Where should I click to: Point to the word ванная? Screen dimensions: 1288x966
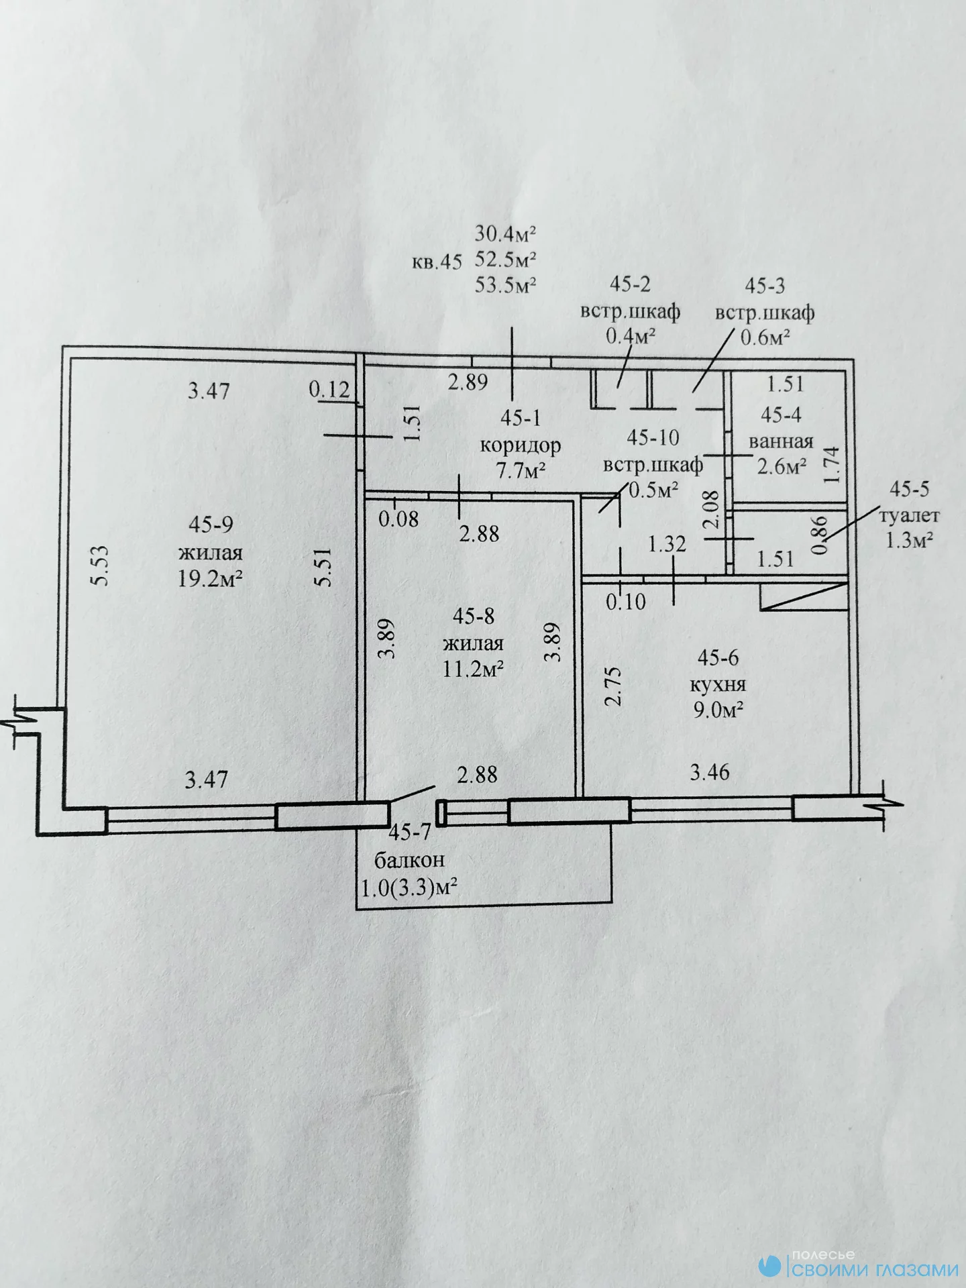(x=781, y=441)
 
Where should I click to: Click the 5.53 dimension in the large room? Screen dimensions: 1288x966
(x=99, y=566)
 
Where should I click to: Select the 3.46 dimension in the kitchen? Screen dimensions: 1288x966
(x=710, y=772)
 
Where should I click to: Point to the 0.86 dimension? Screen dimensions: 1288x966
(x=819, y=533)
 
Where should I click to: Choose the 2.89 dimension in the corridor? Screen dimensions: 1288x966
(x=468, y=382)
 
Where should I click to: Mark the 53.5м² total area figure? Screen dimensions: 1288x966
(x=506, y=285)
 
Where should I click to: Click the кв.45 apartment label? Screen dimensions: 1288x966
(x=437, y=262)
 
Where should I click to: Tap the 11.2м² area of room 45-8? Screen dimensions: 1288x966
(x=473, y=669)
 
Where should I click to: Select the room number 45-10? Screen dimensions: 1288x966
(x=653, y=437)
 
